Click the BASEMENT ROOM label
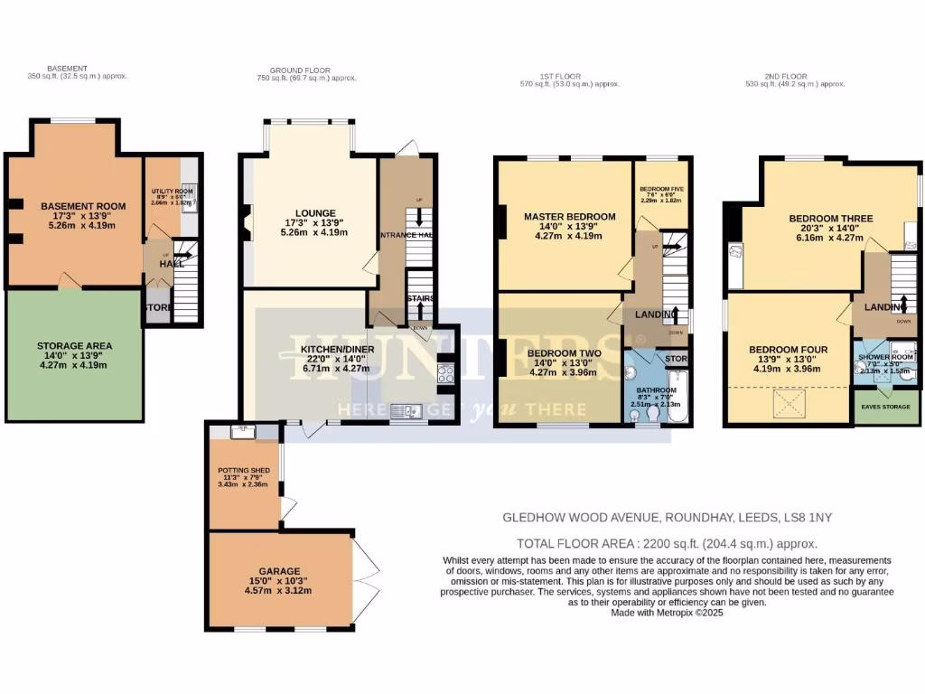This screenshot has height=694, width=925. point(83,206)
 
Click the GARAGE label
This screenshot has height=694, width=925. point(279,570)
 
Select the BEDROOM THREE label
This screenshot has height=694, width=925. point(830,219)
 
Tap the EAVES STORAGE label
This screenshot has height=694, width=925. point(886,408)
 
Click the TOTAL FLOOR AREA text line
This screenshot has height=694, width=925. point(667,543)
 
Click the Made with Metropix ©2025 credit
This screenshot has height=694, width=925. point(668,612)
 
